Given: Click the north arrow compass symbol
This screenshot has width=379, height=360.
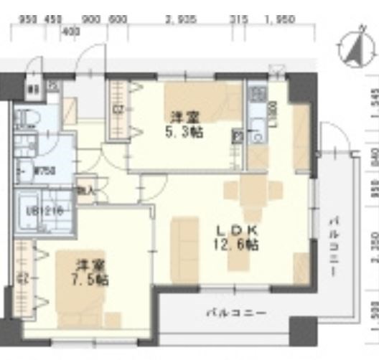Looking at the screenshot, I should [353, 48].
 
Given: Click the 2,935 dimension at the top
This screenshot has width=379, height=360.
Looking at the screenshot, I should [179, 20].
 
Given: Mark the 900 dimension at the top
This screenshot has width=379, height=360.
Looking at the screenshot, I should [91, 20].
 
